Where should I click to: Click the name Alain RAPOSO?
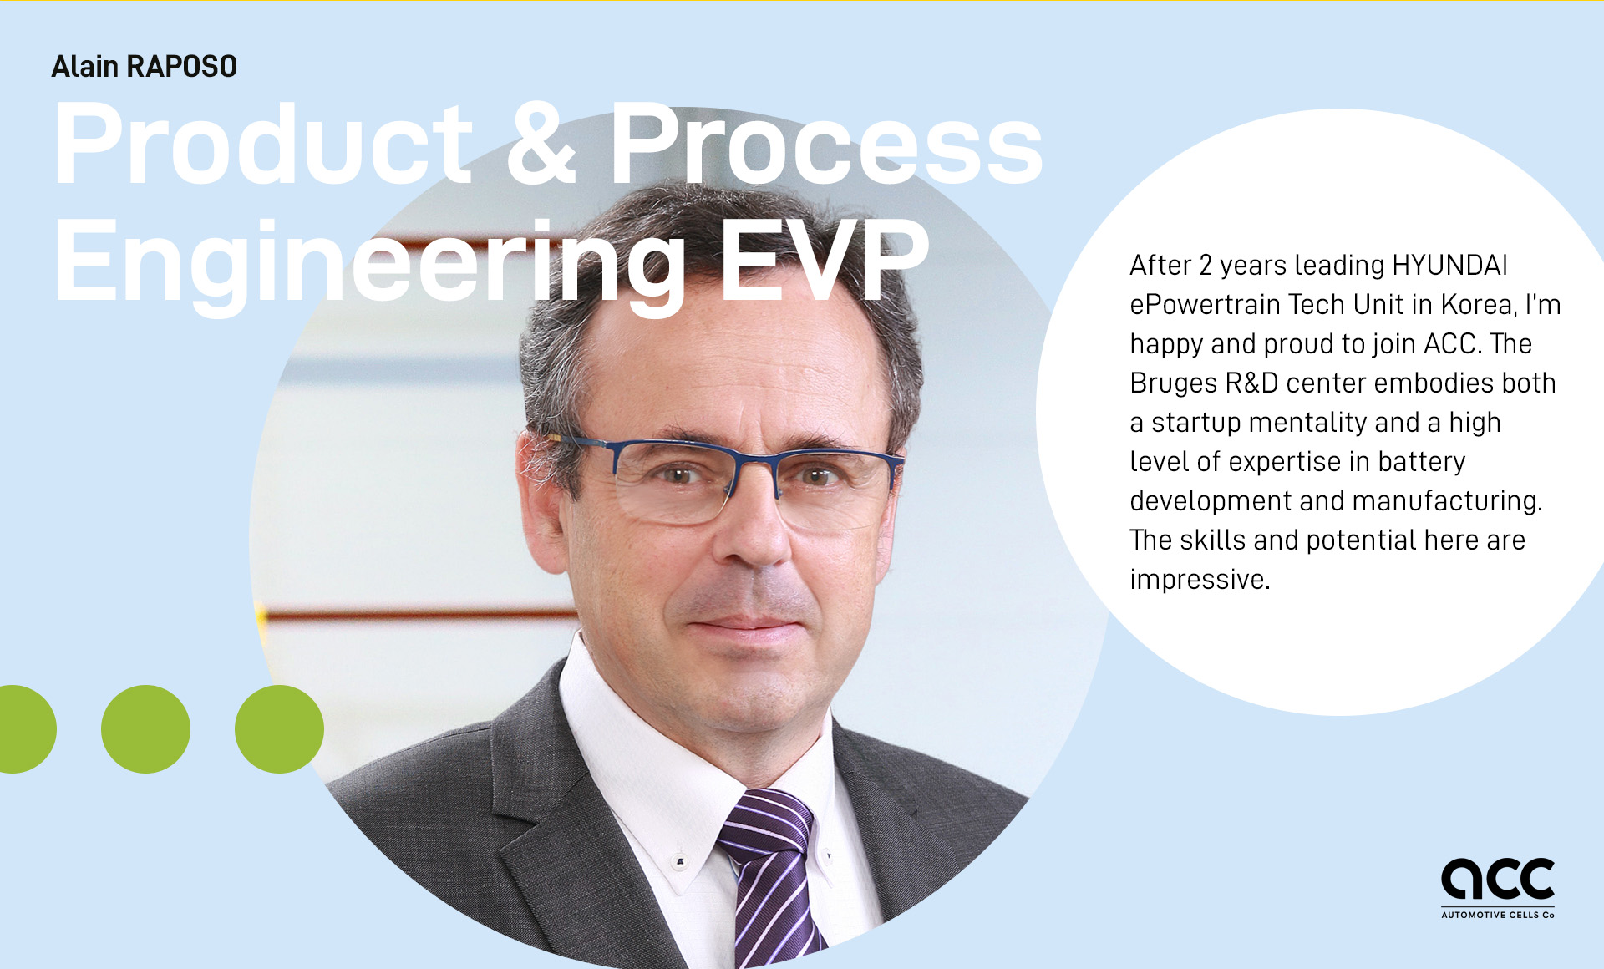[145, 67]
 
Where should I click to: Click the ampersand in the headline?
[541, 143]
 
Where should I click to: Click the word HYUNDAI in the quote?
[1449, 266]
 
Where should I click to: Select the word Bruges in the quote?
[1174, 383]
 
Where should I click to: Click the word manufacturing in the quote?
[1446, 501]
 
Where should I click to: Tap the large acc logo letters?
[1498, 879]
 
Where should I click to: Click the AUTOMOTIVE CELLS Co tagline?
[1498, 916]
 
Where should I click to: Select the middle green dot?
[145, 729]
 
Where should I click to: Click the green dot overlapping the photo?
[279, 729]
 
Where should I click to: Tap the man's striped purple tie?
[769, 877]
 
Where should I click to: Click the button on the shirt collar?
[680, 861]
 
